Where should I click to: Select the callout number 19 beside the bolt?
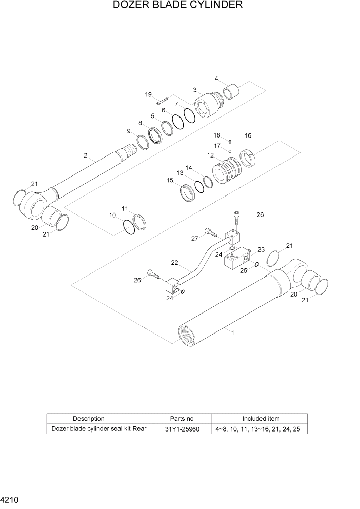[148, 94]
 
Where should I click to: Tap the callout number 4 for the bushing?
[216, 79]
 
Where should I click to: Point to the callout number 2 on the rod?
[86, 155]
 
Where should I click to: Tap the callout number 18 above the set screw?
[217, 135]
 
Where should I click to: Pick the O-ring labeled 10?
[129, 226]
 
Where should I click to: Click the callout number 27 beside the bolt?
[194, 238]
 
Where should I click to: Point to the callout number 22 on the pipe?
[174, 262]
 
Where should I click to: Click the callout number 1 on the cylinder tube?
[233, 332]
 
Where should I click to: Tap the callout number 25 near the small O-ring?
[244, 270]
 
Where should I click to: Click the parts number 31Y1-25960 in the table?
[182, 428]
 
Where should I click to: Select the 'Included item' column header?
[261, 418]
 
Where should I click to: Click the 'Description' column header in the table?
[88, 418]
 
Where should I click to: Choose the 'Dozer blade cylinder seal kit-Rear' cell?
[101, 428]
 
